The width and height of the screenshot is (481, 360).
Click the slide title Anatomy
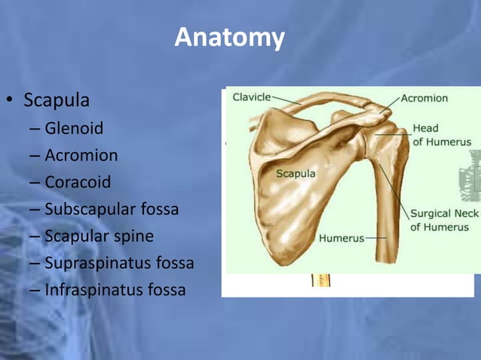[x=230, y=37]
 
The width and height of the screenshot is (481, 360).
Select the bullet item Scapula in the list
[x=57, y=100]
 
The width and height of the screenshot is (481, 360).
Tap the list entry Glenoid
[x=74, y=128]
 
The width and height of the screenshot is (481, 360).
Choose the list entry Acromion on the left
[x=81, y=155]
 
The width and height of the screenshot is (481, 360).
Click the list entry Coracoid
[x=77, y=182]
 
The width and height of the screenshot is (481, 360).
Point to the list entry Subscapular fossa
[x=112, y=209]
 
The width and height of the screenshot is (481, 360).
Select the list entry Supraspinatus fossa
[x=119, y=263]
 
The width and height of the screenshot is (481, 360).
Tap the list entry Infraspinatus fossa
[x=115, y=290]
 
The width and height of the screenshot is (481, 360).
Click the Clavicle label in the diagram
[x=251, y=97]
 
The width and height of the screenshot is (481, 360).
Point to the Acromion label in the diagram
[x=424, y=98]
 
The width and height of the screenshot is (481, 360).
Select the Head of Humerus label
[x=441, y=135]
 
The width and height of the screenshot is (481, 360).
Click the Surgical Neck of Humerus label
[x=444, y=220]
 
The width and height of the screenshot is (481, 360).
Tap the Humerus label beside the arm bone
[x=341, y=239]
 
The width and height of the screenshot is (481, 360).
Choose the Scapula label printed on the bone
[x=296, y=174]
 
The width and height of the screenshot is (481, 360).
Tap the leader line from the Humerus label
[x=375, y=239]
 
